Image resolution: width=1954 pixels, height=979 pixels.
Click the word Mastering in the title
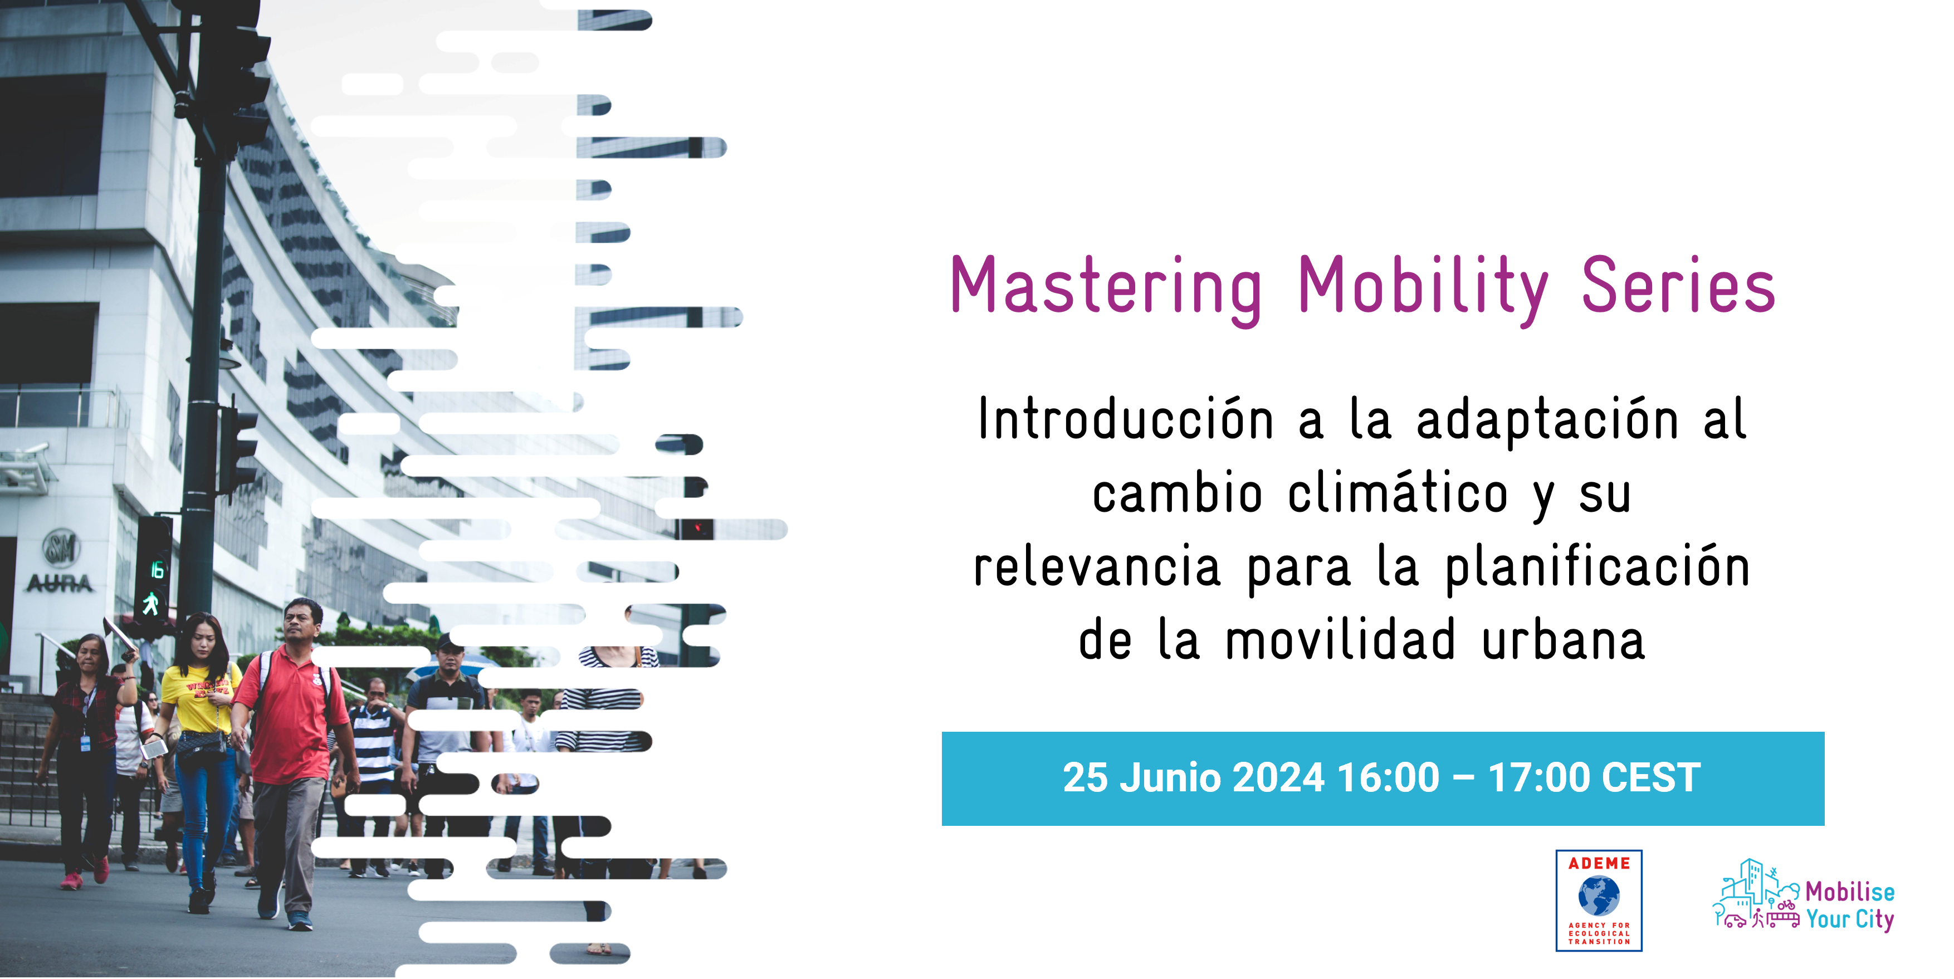coord(1106,287)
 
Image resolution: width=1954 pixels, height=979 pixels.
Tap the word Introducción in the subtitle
coord(1126,419)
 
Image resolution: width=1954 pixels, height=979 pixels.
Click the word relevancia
coord(1097,567)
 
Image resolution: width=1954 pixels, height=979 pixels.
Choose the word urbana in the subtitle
coord(1564,640)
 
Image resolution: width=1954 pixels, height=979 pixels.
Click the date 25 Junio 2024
coord(1193,778)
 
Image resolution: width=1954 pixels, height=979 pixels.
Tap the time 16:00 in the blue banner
coord(1388,778)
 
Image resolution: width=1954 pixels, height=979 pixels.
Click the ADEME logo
coord(1599,900)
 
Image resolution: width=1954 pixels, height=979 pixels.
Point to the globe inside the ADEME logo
coord(1599,895)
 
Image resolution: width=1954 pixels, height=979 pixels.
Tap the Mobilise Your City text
coord(1849,905)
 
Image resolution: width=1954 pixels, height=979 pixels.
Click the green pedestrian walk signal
coord(151,604)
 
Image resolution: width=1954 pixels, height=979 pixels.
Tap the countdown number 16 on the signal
coord(157,569)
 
